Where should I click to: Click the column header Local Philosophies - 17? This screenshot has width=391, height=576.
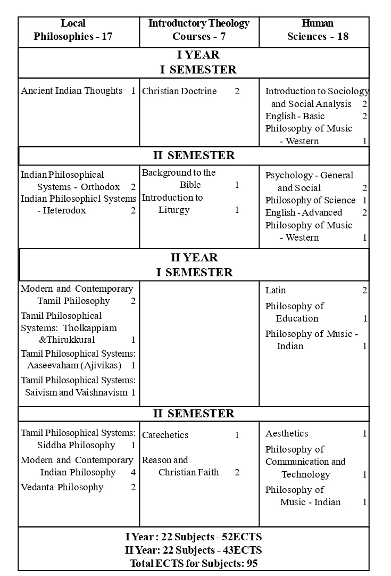pos(73,30)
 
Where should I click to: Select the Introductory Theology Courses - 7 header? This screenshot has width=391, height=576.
pos(198,30)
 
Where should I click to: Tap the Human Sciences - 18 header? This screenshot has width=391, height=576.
pos(318,30)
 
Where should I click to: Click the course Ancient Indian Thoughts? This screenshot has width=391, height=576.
pos(72,91)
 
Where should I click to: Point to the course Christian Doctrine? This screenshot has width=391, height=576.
pos(179,92)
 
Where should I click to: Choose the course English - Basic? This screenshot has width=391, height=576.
pos(295,117)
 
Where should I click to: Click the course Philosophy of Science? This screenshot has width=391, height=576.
pos(310,201)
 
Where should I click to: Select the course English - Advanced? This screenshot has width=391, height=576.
pos(304,213)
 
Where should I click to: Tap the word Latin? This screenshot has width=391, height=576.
pos(276,291)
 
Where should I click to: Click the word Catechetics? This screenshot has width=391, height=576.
pos(165,435)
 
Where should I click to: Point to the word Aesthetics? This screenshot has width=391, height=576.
pos(287,434)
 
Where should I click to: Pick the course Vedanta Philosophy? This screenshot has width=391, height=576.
pos(62,488)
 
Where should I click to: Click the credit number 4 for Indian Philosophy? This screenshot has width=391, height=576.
pos(133,473)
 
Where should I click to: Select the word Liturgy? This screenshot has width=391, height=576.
pos(173,210)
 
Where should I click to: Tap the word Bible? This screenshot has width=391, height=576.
pos(190,185)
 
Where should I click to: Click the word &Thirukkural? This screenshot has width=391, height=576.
pos(67,340)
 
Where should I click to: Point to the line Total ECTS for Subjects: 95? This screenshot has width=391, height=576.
pos(194,563)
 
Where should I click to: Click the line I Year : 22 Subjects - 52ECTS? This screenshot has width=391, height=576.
pos(194,537)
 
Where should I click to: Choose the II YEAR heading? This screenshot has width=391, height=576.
pos(194,258)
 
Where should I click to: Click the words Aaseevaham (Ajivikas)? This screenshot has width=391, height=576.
pos(74,366)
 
